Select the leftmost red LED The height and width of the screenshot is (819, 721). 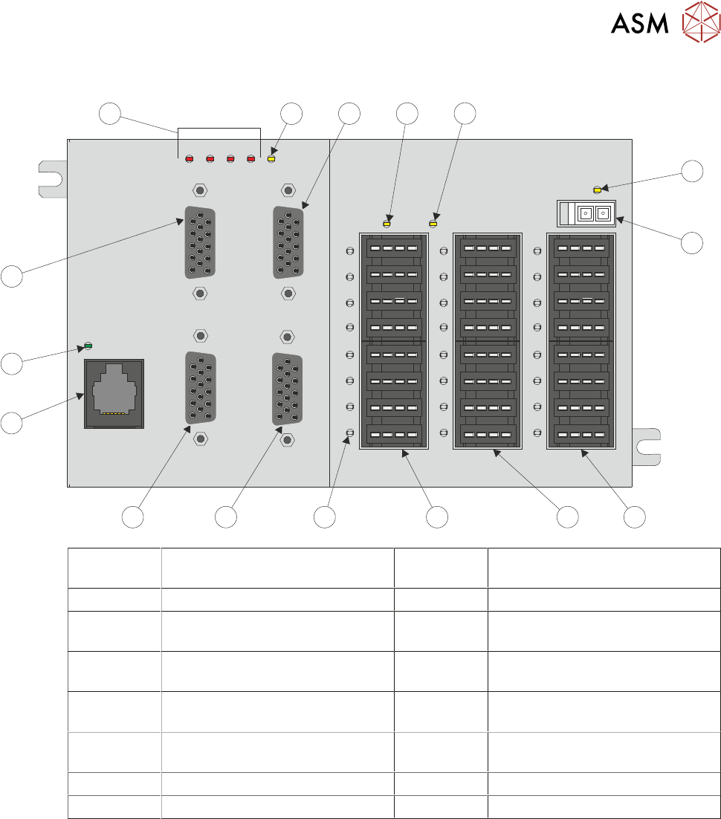click(190, 158)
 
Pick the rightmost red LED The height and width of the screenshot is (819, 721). click(251, 158)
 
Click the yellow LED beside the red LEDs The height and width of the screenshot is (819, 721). click(271, 158)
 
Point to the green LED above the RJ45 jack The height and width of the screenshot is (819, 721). click(88, 346)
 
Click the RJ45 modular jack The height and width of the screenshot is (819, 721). click(113, 393)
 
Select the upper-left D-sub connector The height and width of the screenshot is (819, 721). click(199, 242)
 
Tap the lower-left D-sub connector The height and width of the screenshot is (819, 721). click(199, 388)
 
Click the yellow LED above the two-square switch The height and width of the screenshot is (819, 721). click(598, 190)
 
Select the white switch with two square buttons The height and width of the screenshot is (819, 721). click(586, 213)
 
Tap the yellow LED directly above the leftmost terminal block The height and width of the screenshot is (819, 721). click(387, 222)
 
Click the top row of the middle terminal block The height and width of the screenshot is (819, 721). click(487, 247)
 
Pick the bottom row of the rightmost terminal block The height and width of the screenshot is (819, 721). click(581, 435)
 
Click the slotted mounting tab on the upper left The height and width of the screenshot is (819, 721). click(52, 179)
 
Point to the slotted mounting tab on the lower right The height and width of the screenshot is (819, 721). click(646, 447)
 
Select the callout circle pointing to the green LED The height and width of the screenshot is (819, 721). click(11, 363)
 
